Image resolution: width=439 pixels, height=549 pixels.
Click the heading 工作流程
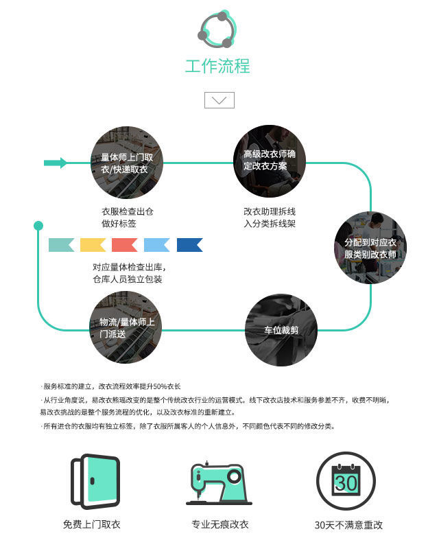click(217, 66)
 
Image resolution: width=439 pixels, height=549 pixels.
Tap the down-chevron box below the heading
click(219, 100)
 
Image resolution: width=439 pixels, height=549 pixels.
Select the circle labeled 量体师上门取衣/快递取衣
click(127, 163)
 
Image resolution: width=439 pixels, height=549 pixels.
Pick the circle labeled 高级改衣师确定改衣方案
click(270, 161)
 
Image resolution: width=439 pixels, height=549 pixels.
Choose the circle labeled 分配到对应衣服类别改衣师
click(370, 248)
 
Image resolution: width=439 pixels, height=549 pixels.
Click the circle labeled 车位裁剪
click(281, 330)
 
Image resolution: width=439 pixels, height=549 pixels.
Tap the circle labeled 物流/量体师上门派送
click(126, 327)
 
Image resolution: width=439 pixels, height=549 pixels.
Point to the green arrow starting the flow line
click(56, 163)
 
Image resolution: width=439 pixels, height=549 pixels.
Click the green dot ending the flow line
click(38, 226)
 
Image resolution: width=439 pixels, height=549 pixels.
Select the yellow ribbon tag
click(93, 245)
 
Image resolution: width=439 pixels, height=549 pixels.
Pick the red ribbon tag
click(124, 245)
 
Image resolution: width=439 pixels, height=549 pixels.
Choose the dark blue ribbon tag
click(190, 245)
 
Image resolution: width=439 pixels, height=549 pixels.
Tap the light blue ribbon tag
click(157, 245)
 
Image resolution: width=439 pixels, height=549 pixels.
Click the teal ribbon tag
click(61, 245)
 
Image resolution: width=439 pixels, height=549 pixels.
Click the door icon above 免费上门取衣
click(95, 482)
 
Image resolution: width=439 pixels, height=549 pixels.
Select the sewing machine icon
click(219, 483)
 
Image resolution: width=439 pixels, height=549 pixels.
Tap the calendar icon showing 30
click(346, 481)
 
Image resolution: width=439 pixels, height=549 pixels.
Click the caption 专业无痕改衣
click(220, 524)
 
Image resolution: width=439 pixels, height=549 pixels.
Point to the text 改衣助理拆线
click(270, 211)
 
